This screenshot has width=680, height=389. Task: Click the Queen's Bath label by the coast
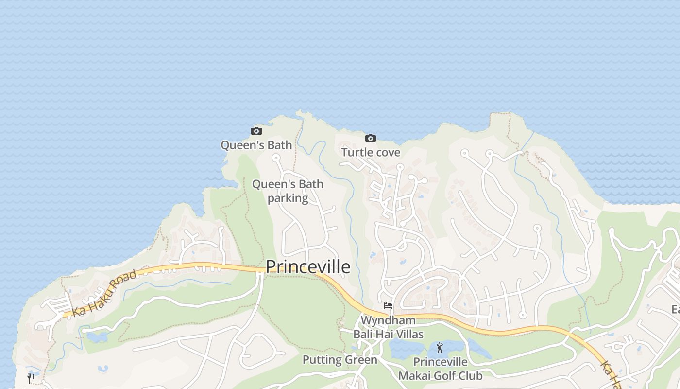point(256,145)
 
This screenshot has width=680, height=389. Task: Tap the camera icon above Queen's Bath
point(256,131)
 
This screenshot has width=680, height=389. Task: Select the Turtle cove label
point(371,152)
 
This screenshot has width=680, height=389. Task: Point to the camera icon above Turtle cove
point(370,138)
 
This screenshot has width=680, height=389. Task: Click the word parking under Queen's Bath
point(288,198)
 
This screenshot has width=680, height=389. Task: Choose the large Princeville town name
point(308,266)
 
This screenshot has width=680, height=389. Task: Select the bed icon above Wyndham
point(388,306)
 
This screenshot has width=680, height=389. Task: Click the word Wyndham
point(388,320)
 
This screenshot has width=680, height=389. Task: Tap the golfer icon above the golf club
point(440,348)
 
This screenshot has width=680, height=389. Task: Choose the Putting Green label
point(340,360)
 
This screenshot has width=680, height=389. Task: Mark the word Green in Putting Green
point(361,360)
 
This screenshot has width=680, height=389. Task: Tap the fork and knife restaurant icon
point(31,378)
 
